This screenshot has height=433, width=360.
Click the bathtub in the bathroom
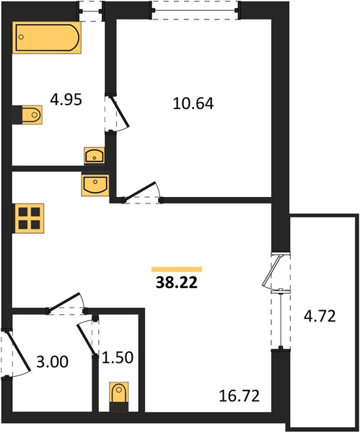pyautogui.click(x=47, y=38)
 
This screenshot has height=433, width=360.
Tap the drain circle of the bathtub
pyautogui.click(x=22, y=37)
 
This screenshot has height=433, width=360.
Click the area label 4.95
pyautogui.click(x=66, y=100)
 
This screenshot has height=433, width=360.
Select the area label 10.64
pyautogui.click(x=193, y=104)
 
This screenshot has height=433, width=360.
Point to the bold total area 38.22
pyautogui.click(x=177, y=283)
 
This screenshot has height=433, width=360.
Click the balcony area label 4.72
pyautogui.click(x=320, y=316)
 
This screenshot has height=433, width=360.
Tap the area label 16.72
pyautogui.click(x=239, y=396)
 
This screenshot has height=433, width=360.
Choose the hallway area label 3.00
pyautogui.click(x=52, y=362)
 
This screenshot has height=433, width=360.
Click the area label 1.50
pyautogui.click(x=118, y=358)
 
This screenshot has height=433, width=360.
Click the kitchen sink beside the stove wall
pyautogui.click(x=95, y=185)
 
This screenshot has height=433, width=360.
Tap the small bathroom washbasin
pyautogui.click(x=95, y=155)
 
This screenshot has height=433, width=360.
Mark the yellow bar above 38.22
pyautogui.click(x=177, y=269)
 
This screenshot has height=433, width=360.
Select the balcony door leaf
pyautogui.click(x=272, y=271)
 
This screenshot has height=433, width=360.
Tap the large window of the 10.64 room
pyautogui.click(x=196, y=11)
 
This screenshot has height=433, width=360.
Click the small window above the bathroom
pyautogui.click(x=91, y=12)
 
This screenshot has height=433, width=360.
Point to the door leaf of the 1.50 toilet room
pyautogui.click(x=87, y=340)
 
